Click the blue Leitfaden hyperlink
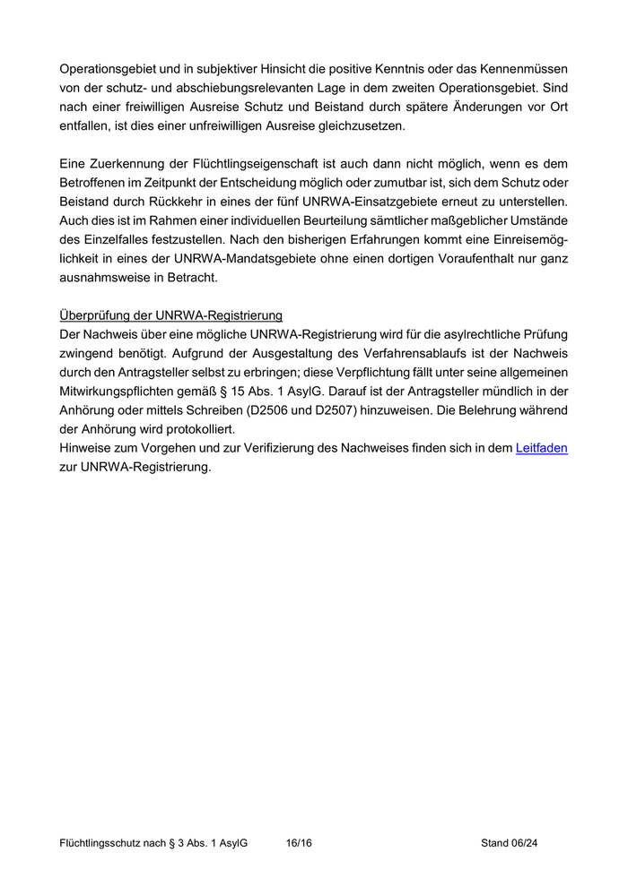[x=541, y=448]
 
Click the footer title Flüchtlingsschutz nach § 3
[x=153, y=843]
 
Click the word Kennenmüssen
[x=524, y=68]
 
